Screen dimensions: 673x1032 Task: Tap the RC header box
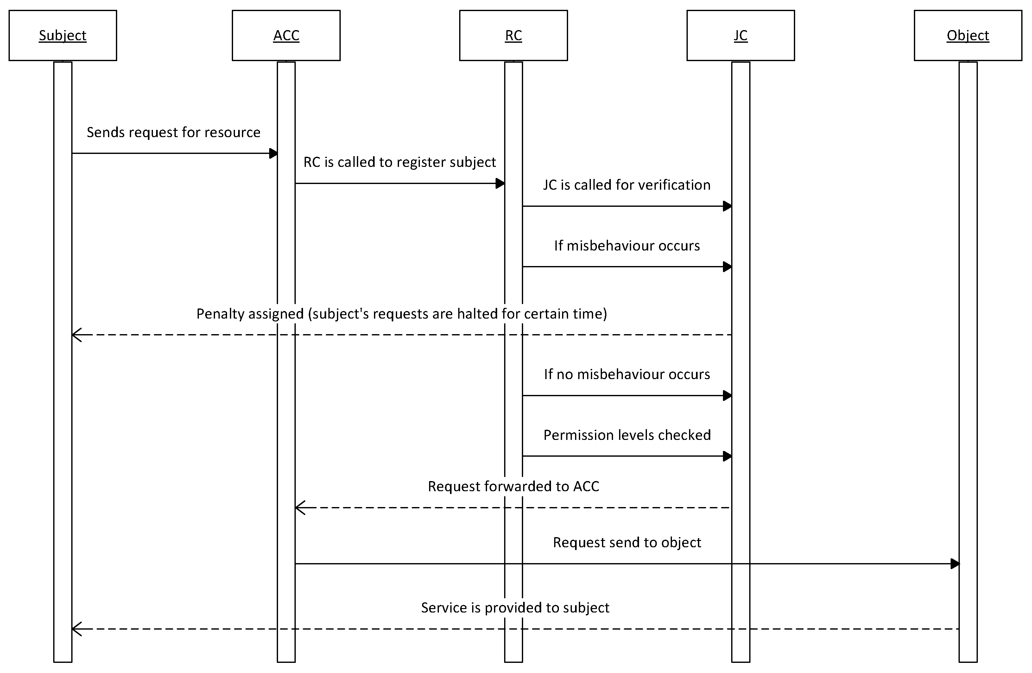pyautogui.click(x=513, y=35)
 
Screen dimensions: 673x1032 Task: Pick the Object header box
pyautogui.click(x=967, y=35)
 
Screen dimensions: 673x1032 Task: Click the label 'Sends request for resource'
pyautogui.click(x=174, y=132)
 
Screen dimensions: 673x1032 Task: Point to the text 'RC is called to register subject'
pyautogui.click(x=399, y=162)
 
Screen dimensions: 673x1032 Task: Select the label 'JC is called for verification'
pyautogui.click(x=627, y=185)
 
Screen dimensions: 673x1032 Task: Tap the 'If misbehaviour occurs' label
pyautogui.click(x=627, y=246)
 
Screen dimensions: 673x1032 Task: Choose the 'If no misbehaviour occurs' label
pyautogui.click(x=627, y=374)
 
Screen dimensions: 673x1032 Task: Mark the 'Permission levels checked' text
pyautogui.click(x=627, y=435)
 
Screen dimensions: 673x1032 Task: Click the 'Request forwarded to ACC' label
pyautogui.click(x=513, y=486)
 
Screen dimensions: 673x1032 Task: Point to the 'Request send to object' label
pyautogui.click(x=627, y=543)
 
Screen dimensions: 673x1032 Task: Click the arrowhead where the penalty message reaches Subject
pyautogui.click(x=76, y=335)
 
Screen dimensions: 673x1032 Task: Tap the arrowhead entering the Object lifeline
pyautogui.click(x=954, y=564)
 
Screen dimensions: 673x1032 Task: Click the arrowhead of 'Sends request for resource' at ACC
pyautogui.click(x=273, y=153)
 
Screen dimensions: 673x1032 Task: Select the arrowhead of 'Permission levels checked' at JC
pyautogui.click(x=727, y=456)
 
